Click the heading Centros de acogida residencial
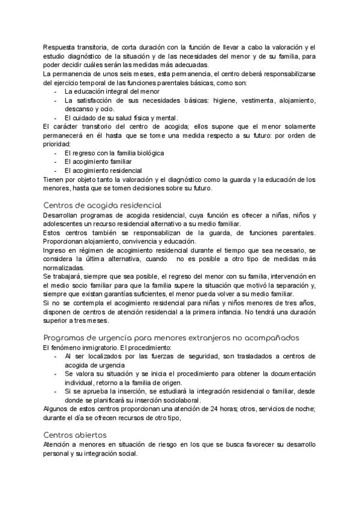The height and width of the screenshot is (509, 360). (x=103, y=205)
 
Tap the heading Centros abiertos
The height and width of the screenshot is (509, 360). (x=75, y=435)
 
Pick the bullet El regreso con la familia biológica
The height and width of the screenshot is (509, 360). (x=114, y=153)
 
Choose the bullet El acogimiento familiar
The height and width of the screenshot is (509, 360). (x=98, y=161)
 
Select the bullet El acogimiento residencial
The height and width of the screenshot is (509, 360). (x=103, y=170)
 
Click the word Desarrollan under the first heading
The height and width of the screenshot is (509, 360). (x=65, y=215)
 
